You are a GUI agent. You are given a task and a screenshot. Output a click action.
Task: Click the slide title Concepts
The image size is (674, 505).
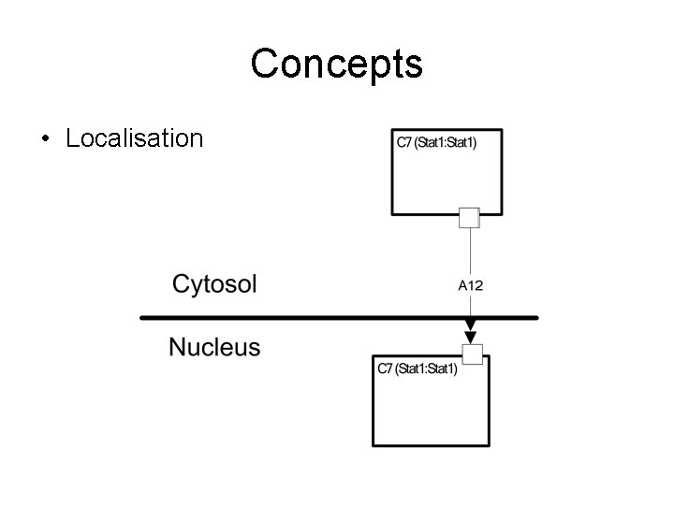click(337, 65)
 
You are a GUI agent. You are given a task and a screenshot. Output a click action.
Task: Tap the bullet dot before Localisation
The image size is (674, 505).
click(45, 140)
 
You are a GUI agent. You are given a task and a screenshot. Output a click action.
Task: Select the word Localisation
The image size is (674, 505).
click(134, 139)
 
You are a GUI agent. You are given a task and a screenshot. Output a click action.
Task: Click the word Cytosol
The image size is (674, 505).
click(213, 284)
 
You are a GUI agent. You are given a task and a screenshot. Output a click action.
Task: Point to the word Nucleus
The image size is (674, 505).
click(214, 349)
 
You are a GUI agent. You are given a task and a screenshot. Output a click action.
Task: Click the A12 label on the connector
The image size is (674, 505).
click(470, 285)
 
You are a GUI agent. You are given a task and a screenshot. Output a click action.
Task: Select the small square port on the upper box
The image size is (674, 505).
click(469, 218)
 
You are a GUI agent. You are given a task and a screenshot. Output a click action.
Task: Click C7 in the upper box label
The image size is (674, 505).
click(404, 143)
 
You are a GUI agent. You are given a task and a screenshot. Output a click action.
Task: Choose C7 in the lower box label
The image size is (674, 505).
click(385, 369)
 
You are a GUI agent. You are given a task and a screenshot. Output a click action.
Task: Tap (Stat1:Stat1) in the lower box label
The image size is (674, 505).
click(426, 369)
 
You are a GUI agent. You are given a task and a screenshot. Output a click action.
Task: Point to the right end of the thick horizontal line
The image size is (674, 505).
click(536, 318)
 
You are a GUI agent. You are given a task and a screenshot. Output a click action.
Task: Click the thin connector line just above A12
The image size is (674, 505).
click(470, 252)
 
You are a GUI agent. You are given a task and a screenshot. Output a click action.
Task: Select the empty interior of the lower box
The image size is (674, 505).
click(426, 411)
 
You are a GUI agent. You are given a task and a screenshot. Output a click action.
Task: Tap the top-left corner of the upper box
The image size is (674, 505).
click(391, 130)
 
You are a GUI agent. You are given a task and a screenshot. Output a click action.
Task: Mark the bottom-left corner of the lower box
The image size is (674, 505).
click(373, 444)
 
